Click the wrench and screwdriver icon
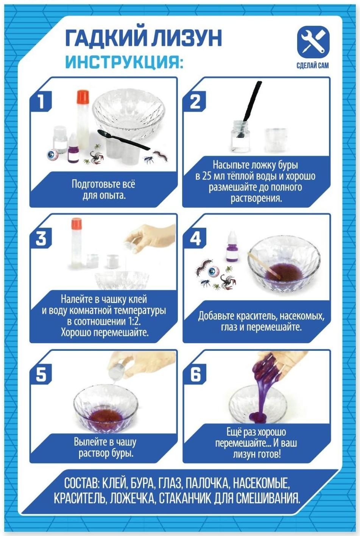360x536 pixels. click(x=313, y=43)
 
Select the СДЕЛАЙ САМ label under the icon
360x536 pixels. click(x=313, y=65)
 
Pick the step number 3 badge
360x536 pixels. click(x=41, y=238)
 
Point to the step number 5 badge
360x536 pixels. click(x=41, y=375)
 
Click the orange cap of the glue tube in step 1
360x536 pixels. click(x=83, y=96)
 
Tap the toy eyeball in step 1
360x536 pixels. click(x=52, y=155)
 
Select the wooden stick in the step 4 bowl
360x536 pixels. click(x=265, y=266)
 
